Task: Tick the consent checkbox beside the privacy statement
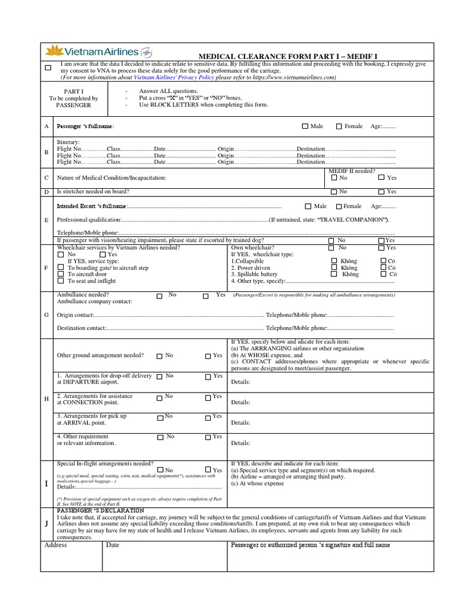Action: point(48,68)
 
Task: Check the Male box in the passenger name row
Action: point(305,126)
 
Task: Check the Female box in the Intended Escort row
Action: point(339,206)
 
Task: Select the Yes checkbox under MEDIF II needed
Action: point(381,178)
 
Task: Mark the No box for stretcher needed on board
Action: point(333,192)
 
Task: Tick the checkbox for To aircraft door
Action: point(60,275)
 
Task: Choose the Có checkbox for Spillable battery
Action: point(383,275)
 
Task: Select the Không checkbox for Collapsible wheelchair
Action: point(334,261)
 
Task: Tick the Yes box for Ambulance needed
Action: point(206,295)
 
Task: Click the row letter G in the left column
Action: point(46,315)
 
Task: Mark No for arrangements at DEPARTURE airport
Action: point(159,376)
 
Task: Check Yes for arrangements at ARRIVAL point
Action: point(208,417)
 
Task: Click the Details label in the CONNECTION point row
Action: point(240,402)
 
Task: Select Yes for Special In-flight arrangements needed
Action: point(207,470)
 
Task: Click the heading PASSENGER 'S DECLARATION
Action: point(100,511)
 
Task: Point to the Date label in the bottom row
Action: point(112,545)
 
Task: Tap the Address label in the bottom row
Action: point(56,545)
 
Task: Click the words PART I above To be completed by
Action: point(74,91)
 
